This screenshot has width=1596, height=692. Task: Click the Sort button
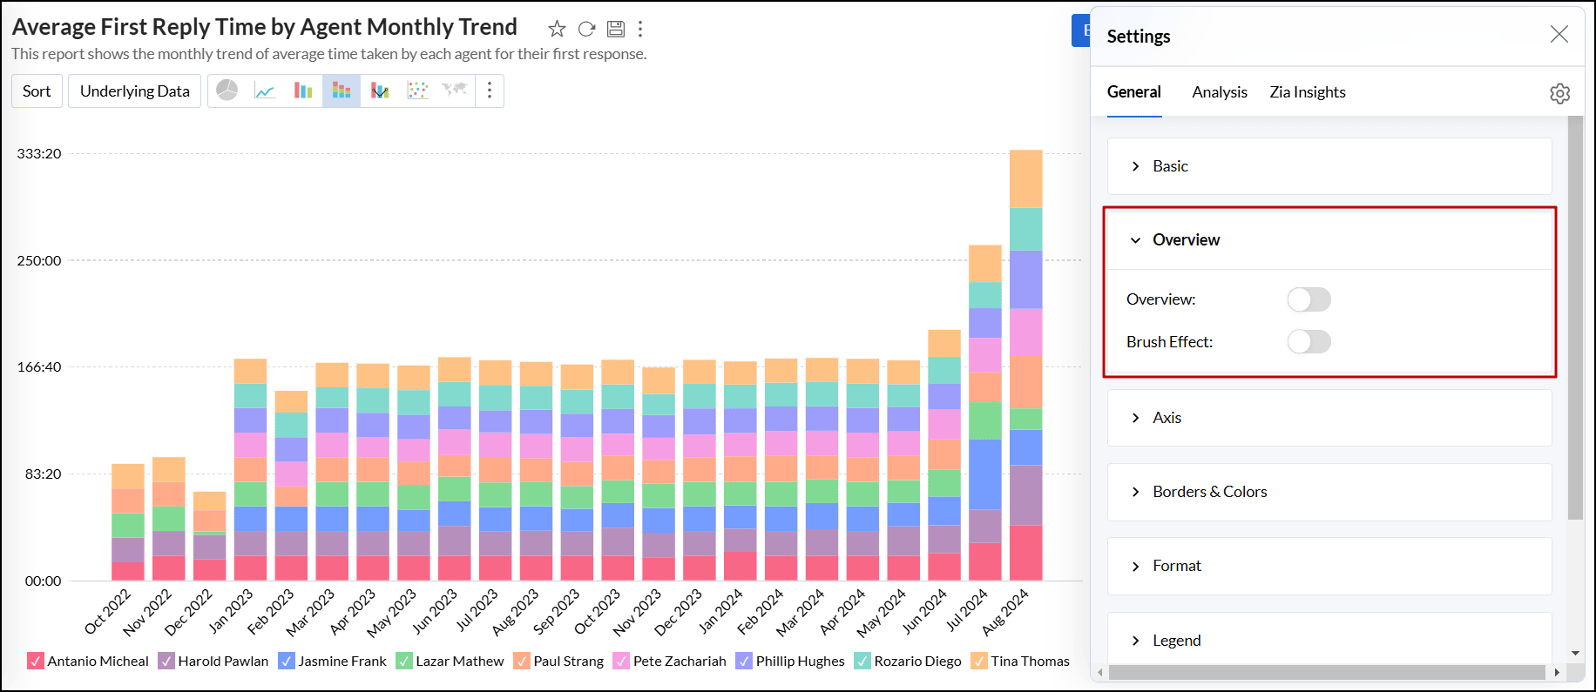pos(37,91)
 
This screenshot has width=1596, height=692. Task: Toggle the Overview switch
pos(1309,299)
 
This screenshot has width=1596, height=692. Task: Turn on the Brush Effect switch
pos(1309,342)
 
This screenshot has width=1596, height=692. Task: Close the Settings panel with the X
pos(1559,34)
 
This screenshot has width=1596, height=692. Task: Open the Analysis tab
pos(1219,92)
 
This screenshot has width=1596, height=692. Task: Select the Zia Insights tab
pos(1307,92)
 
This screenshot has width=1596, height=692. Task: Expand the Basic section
pos(1170,166)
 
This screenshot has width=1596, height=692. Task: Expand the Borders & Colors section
pos(1209,492)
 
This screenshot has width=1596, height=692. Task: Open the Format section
pos(1176,566)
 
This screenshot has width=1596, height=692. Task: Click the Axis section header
pos(1167,418)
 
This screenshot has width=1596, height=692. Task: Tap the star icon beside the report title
pos(557,29)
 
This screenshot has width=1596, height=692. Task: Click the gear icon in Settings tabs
pos(1559,93)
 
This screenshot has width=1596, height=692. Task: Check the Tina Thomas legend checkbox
pos(978,662)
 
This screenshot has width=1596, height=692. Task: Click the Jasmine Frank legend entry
pos(342,662)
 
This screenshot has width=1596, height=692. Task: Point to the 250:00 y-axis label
pos(39,260)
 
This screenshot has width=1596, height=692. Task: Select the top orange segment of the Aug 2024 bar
pos(1025,178)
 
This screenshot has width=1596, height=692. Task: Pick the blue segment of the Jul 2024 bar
pos(984,474)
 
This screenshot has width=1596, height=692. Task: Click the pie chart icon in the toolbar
pos(227,91)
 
